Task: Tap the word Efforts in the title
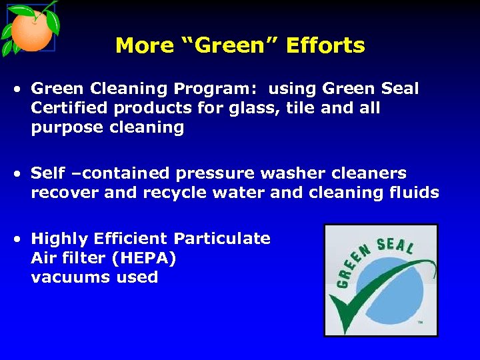point(326,46)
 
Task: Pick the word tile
point(297,109)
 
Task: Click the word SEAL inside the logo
point(395,246)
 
